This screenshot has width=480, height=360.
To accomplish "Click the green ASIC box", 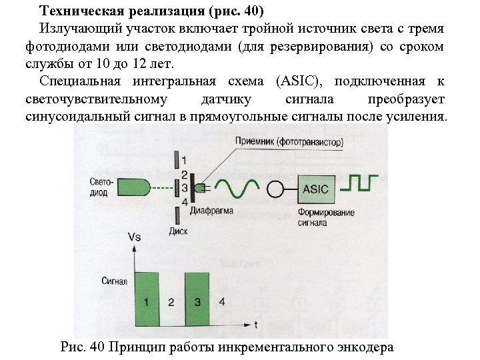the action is [315, 189].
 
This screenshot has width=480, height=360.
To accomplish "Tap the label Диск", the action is [179, 233].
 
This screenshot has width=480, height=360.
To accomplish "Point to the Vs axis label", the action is [135, 237].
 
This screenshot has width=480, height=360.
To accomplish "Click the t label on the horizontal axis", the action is [256, 325].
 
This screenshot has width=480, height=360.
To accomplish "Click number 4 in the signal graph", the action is [222, 302].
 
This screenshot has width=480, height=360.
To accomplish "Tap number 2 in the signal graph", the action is [171, 302].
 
